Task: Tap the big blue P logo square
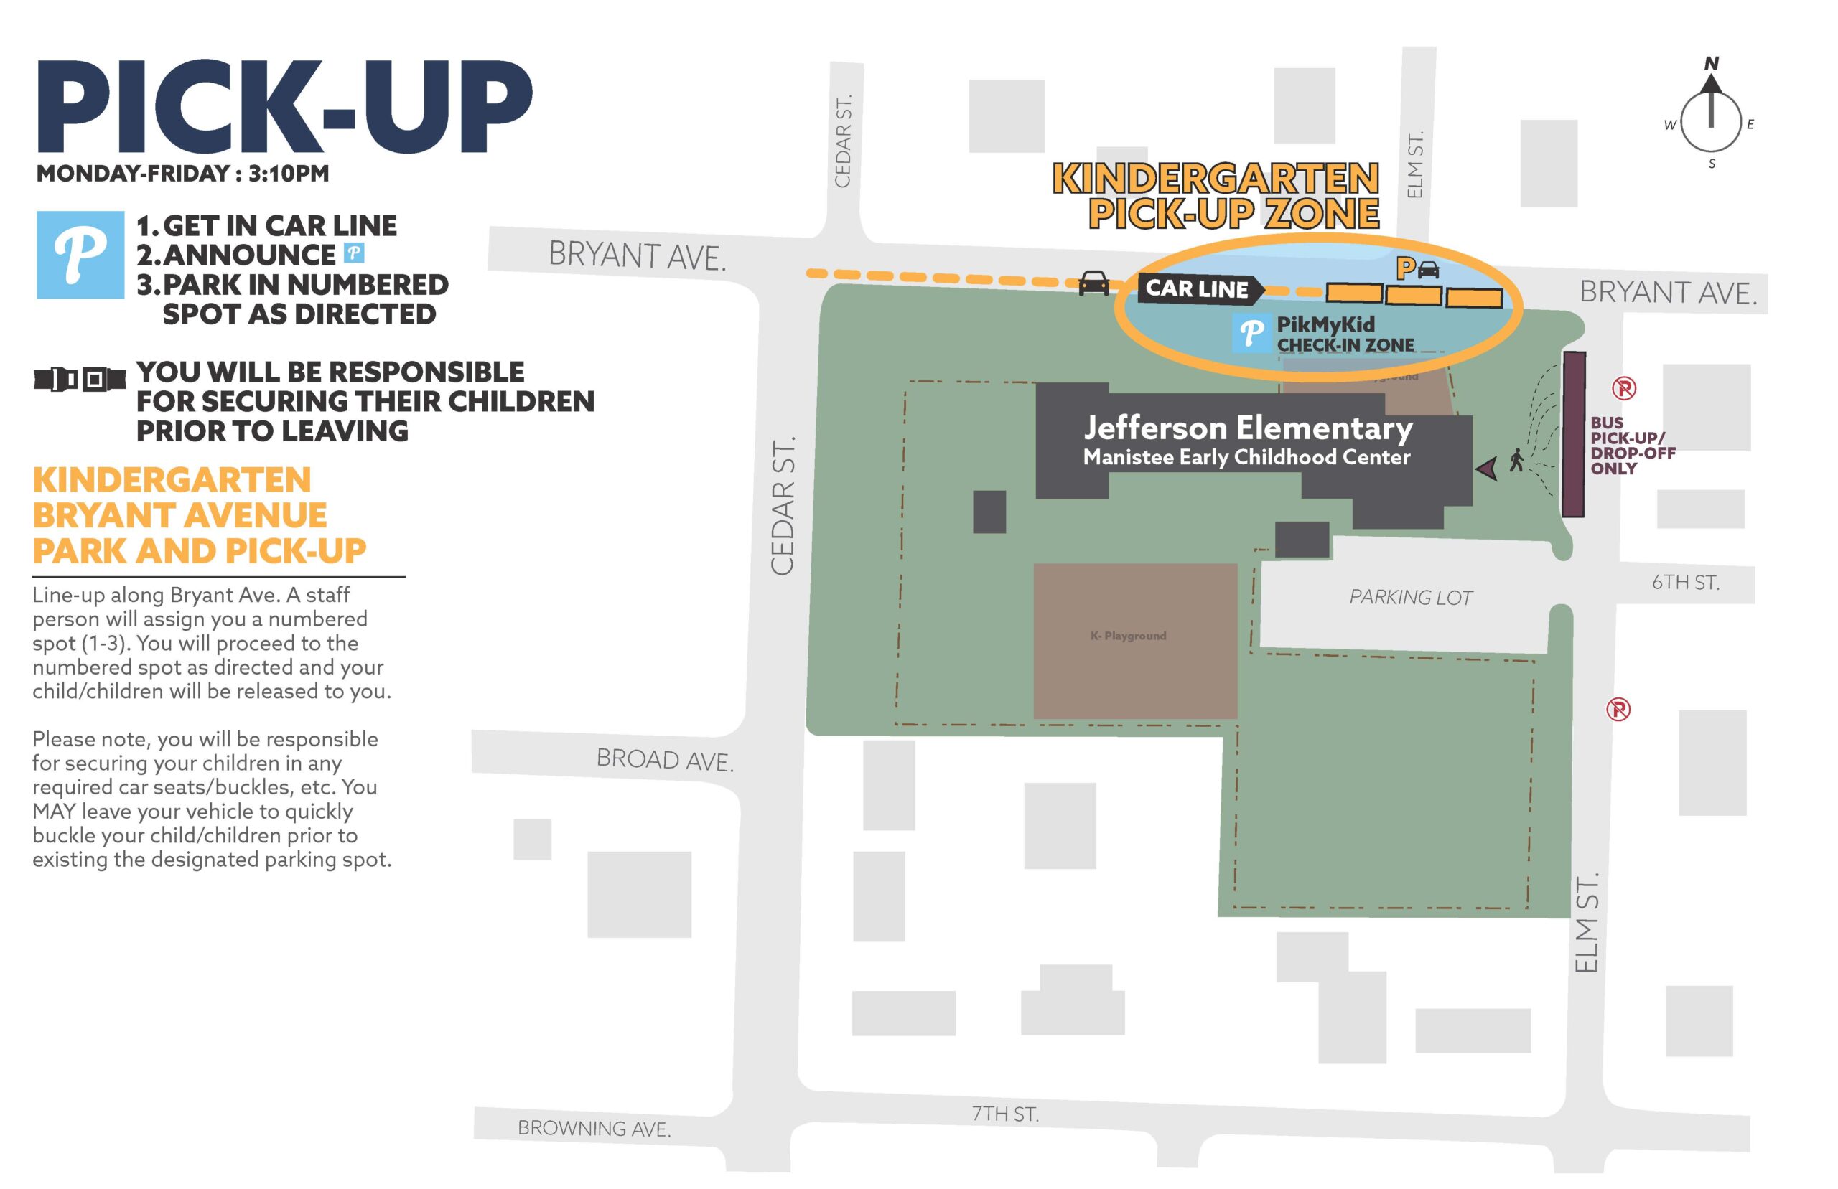tap(80, 255)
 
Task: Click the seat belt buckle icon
tap(80, 379)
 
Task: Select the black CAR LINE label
tap(1198, 288)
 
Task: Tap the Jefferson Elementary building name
tap(1247, 428)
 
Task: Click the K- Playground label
tap(1128, 636)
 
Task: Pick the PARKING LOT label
tap(1410, 597)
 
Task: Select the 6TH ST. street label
tap(1685, 583)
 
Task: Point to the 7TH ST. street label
tap(1004, 1114)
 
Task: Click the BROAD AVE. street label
tap(665, 760)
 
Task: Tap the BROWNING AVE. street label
tap(594, 1128)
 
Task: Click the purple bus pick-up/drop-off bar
tap(1574, 434)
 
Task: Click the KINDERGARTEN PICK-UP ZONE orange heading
tap(1216, 195)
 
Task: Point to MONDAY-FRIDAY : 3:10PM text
tap(183, 174)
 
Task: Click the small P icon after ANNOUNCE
tap(354, 253)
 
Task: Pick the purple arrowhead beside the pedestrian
tap(1488, 467)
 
